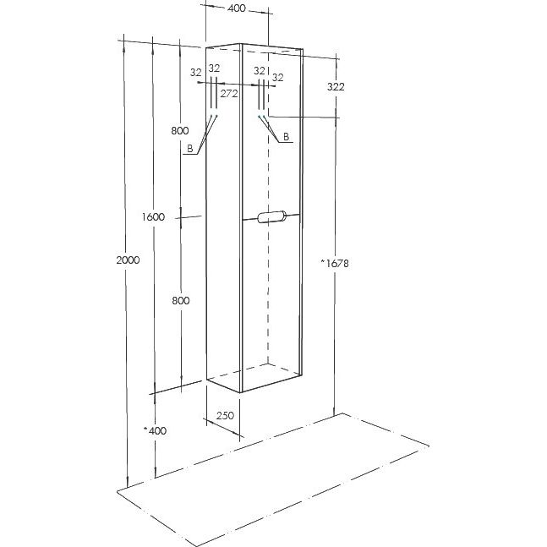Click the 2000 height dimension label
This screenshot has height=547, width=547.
click(128, 260)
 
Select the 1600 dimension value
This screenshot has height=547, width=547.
click(153, 217)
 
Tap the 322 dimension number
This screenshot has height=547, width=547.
click(336, 86)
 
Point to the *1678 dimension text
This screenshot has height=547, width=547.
click(335, 263)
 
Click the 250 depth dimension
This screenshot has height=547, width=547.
click(225, 415)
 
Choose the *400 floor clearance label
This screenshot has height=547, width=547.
click(155, 430)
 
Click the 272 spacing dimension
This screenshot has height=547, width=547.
click(229, 94)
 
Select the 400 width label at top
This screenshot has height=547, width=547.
click(237, 8)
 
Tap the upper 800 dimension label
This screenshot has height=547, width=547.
click(180, 130)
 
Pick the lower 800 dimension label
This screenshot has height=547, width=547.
click(181, 300)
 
